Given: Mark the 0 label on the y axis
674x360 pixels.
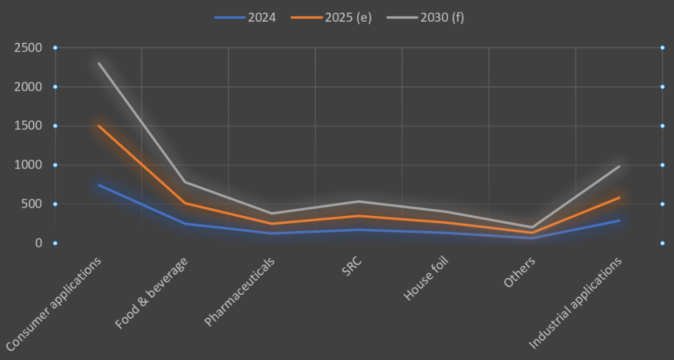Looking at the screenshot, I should [39, 243].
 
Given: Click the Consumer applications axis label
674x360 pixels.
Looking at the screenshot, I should [55, 303].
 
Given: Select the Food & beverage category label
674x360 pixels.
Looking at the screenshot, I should [151, 292].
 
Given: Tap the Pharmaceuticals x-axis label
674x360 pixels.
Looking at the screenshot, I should [240, 291].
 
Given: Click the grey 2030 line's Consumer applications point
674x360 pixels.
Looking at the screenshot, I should [98, 63].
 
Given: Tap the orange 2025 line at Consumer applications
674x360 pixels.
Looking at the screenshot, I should [98, 126].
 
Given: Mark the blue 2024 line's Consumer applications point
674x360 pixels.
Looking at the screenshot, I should [98, 185].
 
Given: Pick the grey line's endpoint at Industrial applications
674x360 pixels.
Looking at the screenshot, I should [619, 166].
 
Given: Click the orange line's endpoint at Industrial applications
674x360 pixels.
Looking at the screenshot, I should [619, 197].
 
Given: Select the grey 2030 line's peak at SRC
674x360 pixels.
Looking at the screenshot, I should [359, 201].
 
